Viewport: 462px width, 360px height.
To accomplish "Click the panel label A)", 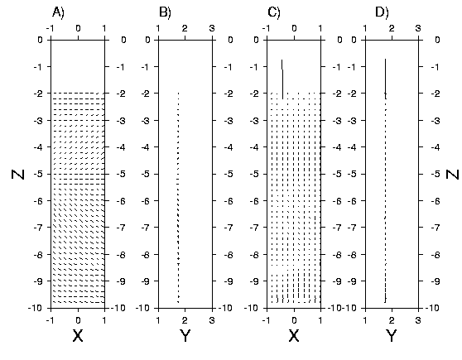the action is [58, 12].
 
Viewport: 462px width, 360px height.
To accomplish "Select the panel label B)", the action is [165, 12].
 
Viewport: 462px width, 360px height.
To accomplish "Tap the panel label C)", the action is [274, 12].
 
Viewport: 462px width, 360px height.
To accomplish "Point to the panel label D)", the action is [382, 12].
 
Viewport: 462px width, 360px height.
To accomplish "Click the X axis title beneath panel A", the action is [78, 335].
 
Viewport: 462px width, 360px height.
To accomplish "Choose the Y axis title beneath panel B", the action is [185, 335].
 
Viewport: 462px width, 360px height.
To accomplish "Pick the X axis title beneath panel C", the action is [294, 335].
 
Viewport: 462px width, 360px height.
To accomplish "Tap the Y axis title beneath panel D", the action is [392, 335].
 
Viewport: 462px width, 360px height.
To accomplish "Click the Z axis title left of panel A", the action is [17, 174].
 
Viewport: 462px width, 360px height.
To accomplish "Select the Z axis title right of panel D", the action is [453, 174].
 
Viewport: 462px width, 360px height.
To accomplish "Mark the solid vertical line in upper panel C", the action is [282, 79].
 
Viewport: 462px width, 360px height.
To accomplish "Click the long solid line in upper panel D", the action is [385, 79].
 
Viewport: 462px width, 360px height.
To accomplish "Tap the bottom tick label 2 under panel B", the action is [185, 320].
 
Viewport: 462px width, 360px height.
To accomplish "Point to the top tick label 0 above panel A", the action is [78, 29].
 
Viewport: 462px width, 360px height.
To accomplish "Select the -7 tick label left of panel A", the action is [38, 228].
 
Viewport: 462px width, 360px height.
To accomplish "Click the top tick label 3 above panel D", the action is [418, 29].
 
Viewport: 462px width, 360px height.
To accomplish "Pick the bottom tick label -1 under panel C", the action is [266, 320].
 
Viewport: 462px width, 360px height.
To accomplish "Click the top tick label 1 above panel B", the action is [158, 29].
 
